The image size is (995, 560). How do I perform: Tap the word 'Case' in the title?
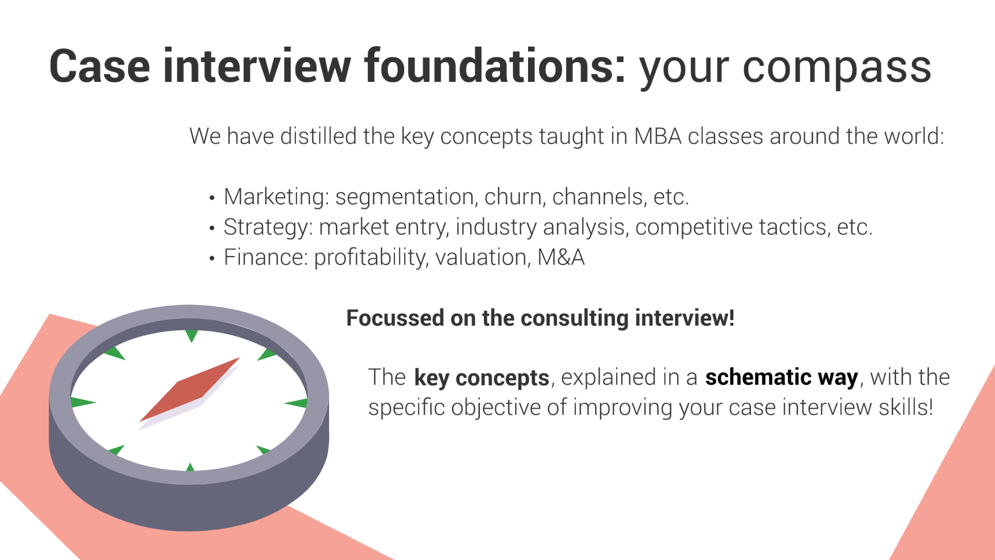(x=99, y=66)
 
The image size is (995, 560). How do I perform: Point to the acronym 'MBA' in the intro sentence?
(x=658, y=136)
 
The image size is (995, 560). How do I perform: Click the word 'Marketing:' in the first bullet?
(x=276, y=197)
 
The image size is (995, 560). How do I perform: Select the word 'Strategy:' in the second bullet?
(x=268, y=228)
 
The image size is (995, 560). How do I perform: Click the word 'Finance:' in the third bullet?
(x=266, y=257)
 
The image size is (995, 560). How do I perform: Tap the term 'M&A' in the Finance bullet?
(x=561, y=257)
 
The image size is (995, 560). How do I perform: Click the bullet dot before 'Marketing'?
(x=211, y=198)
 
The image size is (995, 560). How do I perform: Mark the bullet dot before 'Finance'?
(x=211, y=258)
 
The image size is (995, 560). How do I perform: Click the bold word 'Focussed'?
(x=395, y=318)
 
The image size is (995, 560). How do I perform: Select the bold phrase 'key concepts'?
(x=482, y=377)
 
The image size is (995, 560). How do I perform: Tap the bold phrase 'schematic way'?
(x=782, y=377)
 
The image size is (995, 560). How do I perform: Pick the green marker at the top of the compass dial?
(x=191, y=335)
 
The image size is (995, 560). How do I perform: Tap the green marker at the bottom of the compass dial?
(x=190, y=467)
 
